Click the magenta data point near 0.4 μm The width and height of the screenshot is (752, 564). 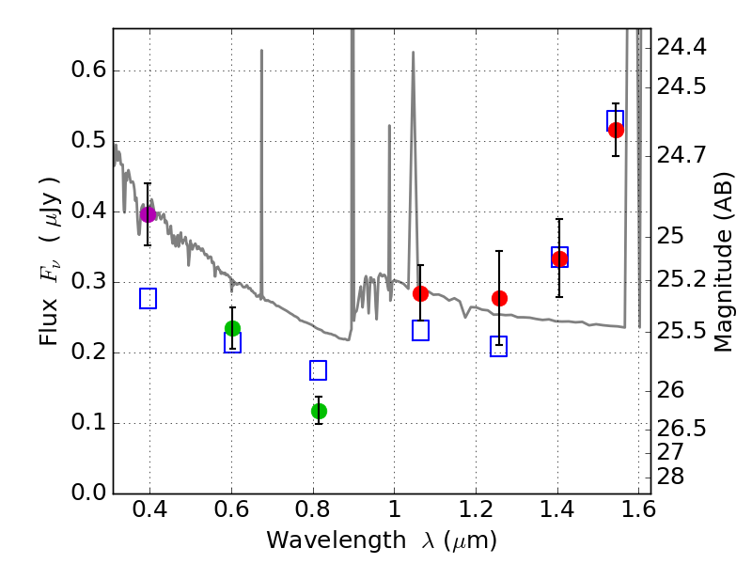tap(148, 214)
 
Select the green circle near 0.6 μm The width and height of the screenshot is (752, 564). tap(232, 328)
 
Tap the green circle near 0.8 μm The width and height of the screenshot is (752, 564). tap(319, 411)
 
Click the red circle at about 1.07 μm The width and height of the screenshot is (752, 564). tap(420, 293)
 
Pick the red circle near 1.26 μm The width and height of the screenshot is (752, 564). tap(499, 298)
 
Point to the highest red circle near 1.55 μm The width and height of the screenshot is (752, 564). tap(616, 130)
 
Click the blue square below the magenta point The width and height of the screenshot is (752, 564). tap(148, 299)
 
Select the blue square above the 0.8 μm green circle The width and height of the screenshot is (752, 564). tap(319, 370)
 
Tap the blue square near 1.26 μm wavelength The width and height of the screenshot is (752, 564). tap(499, 346)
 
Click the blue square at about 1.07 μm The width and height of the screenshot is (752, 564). tap(420, 330)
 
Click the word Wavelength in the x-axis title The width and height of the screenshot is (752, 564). tap(320, 541)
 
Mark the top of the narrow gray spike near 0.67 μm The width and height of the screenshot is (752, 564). tap(261, 51)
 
